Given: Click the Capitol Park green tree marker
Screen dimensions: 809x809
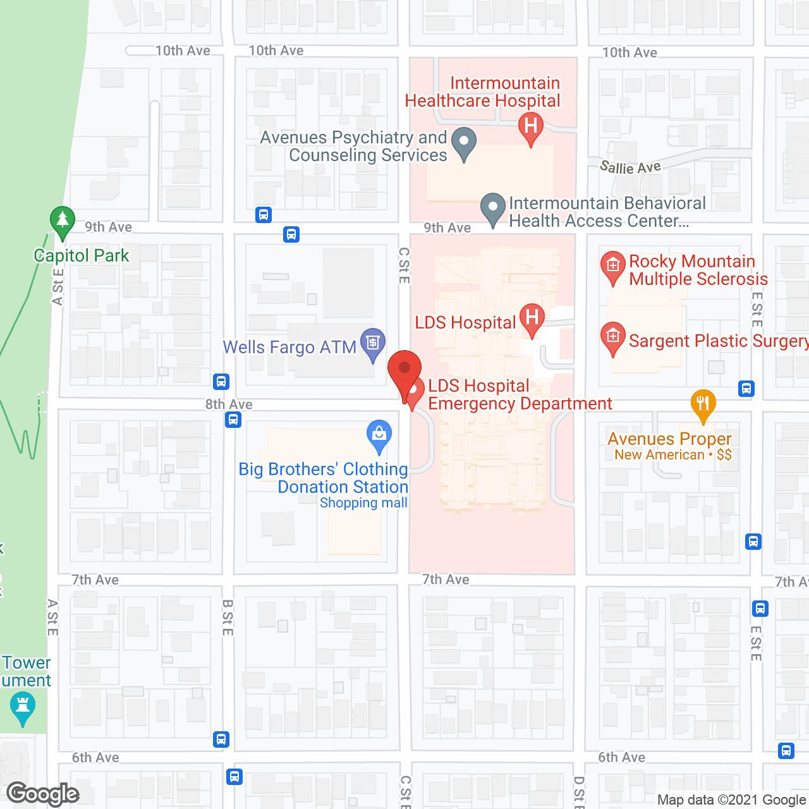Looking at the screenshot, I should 62,220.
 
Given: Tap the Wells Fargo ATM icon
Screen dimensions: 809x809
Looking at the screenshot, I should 373,343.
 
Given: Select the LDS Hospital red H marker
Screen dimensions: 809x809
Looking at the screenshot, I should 532,317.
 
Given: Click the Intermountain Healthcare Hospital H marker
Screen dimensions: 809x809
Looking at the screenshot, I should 531,126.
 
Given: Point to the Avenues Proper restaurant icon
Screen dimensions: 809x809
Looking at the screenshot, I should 703,403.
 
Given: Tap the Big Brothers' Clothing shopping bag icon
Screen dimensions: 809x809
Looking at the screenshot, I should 379,435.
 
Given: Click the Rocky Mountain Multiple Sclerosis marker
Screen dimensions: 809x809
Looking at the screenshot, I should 612,265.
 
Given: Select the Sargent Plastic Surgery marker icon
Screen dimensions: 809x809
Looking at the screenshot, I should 612,336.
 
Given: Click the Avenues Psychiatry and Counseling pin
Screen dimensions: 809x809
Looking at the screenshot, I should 464,142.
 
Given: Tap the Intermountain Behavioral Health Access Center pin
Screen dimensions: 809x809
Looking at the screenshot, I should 492,207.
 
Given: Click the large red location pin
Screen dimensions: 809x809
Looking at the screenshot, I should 404,370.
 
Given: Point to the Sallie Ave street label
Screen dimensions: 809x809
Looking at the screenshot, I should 630,167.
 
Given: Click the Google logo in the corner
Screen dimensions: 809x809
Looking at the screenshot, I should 43,794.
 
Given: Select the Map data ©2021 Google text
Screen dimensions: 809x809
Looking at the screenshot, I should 731,800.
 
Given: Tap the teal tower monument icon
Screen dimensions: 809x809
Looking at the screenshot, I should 23,706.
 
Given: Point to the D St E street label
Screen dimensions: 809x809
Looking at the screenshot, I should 579,792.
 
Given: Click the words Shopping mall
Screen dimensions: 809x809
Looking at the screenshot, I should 363,503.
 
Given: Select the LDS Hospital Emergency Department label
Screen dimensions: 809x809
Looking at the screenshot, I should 520,395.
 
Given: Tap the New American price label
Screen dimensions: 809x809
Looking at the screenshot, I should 673,455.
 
